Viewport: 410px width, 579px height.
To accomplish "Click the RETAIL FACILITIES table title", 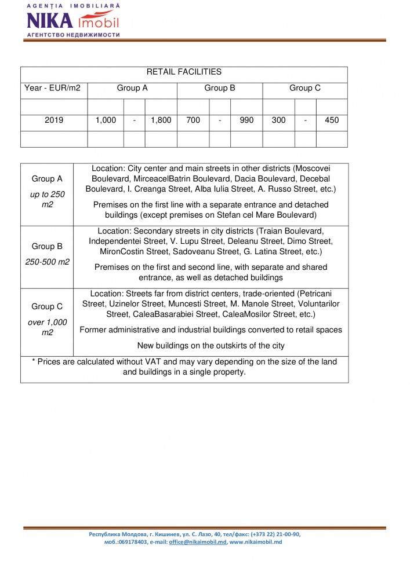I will click(184, 72).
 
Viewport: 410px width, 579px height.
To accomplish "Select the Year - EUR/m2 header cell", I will click(52, 89).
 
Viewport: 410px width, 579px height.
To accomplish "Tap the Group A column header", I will click(132, 89).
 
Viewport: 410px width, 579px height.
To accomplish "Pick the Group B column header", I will click(220, 89).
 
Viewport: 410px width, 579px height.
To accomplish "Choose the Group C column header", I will click(305, 89).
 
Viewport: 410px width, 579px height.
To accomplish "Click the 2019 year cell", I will click(54, 120).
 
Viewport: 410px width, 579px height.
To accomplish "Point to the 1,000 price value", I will click(106, 120).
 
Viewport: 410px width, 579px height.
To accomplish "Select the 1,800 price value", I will click(161, 120).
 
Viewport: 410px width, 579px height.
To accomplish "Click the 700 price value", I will click(193, 120).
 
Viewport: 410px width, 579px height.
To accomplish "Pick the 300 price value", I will click(279, 120).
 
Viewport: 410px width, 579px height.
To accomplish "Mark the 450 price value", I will click(332, 120).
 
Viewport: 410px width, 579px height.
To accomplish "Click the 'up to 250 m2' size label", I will click(47, 200).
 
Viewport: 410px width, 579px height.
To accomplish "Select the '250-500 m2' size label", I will click(47, 262).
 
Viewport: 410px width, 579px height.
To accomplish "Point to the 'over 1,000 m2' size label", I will click(47, 328).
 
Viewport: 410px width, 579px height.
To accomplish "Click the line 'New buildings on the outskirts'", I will click(211, 346).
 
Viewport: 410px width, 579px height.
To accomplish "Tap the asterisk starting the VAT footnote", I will click(34, 362).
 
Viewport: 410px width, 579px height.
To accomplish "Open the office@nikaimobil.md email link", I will click(197, 542).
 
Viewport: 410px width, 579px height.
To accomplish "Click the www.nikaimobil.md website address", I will click(256, 542).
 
